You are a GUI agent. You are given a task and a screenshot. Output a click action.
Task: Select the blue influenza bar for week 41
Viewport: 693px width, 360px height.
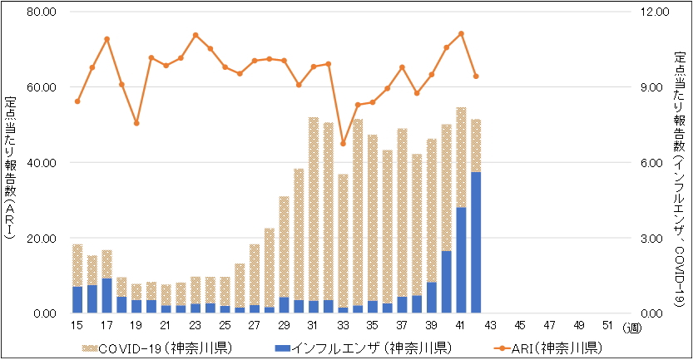(461, 260)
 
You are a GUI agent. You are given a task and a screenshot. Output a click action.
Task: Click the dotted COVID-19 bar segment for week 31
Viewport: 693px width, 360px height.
(314, 209)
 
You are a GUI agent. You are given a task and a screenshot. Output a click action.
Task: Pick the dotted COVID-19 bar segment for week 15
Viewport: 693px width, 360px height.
(77, 265)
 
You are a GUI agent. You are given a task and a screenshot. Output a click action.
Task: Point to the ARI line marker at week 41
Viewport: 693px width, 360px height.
(461, 34)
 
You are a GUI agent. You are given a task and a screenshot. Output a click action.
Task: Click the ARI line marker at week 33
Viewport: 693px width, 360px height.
(343, 143)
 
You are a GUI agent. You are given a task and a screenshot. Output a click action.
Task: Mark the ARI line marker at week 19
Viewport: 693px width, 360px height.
(136, 123)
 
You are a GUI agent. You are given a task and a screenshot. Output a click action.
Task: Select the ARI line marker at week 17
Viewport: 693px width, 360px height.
(107, 39)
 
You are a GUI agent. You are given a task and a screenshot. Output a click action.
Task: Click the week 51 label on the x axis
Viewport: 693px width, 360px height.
(608, 325)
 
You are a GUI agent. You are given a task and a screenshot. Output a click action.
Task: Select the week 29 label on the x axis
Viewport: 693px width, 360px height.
(284, 325)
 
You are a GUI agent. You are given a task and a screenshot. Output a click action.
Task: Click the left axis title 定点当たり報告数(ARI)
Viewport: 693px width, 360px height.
(10, 167)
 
